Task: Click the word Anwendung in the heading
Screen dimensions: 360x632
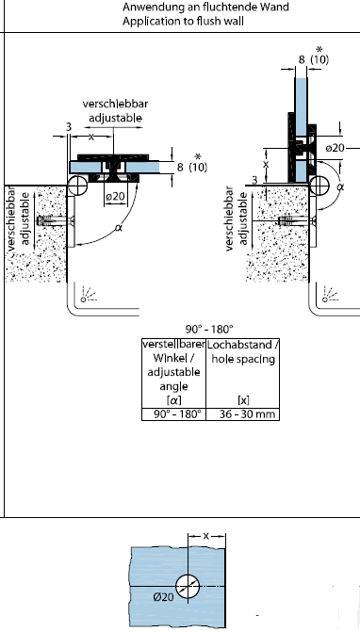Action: click(148, 8)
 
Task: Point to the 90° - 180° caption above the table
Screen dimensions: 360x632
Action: click(209, 330)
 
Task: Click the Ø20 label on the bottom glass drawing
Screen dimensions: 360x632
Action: click(164, 596)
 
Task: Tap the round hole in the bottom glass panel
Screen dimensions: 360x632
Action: click(188, 586)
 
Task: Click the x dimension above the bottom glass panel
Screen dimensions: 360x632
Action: click(206, 536)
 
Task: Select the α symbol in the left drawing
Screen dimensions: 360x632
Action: click(118, 228)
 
